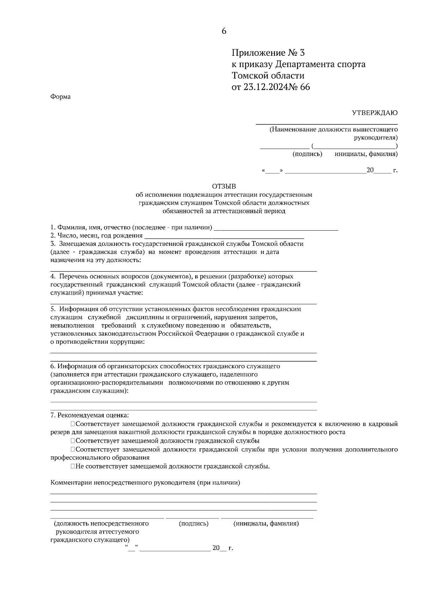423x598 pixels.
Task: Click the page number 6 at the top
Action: [224, 31]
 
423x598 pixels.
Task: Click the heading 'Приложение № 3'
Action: [268, 53]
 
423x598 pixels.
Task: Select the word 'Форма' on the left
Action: [60, 96]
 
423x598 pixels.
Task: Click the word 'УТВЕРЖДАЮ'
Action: [375, 113]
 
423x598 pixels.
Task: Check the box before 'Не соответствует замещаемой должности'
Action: [72, 466]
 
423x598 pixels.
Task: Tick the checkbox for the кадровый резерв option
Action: [72, 424]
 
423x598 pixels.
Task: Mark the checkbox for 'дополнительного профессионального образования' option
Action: [72, 449]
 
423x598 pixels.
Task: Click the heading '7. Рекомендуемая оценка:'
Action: [90, 415]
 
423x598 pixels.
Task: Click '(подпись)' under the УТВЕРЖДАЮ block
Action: [307, 154]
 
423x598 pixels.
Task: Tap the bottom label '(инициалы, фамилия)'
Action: [266, 523]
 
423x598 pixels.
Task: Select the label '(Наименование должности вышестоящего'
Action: [333, 130]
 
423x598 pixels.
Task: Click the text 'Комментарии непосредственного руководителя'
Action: [145, 482]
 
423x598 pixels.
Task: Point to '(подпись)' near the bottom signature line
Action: [194, 523]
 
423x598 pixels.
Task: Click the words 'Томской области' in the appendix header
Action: [268, 76]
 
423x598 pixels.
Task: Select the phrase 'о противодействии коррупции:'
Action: [97, 342]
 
